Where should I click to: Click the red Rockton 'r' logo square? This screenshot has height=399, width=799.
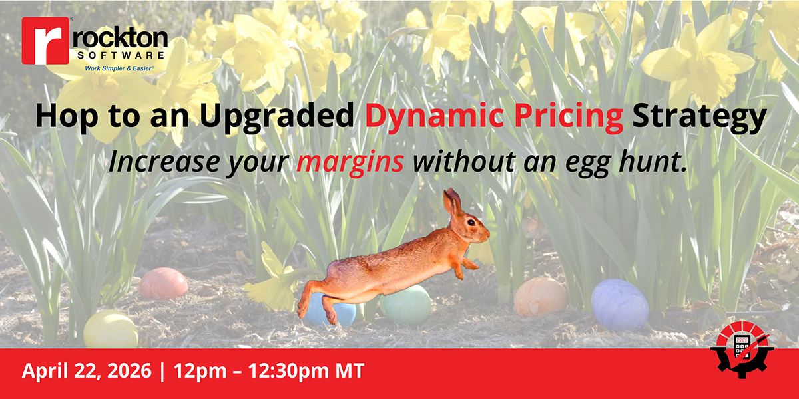coord(45,41)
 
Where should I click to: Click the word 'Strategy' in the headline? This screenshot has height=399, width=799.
coord(698,117)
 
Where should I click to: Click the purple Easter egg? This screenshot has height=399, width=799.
coord(619,304)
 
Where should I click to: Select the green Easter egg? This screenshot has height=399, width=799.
coord(407,305)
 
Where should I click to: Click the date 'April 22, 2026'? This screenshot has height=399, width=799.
coord(85,371)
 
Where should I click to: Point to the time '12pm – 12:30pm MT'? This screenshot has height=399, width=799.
coord(269,371)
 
